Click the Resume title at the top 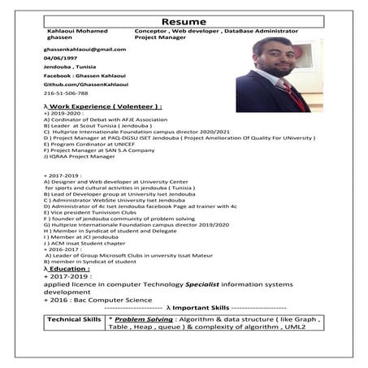[x=184, y=19]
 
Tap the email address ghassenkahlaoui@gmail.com [x=84, y=49]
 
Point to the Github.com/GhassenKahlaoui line [x=80, y=84]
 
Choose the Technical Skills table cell [x=73, y=321]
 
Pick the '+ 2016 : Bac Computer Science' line [x=98, y=300]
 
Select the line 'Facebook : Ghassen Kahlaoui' [x=81, y=76]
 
